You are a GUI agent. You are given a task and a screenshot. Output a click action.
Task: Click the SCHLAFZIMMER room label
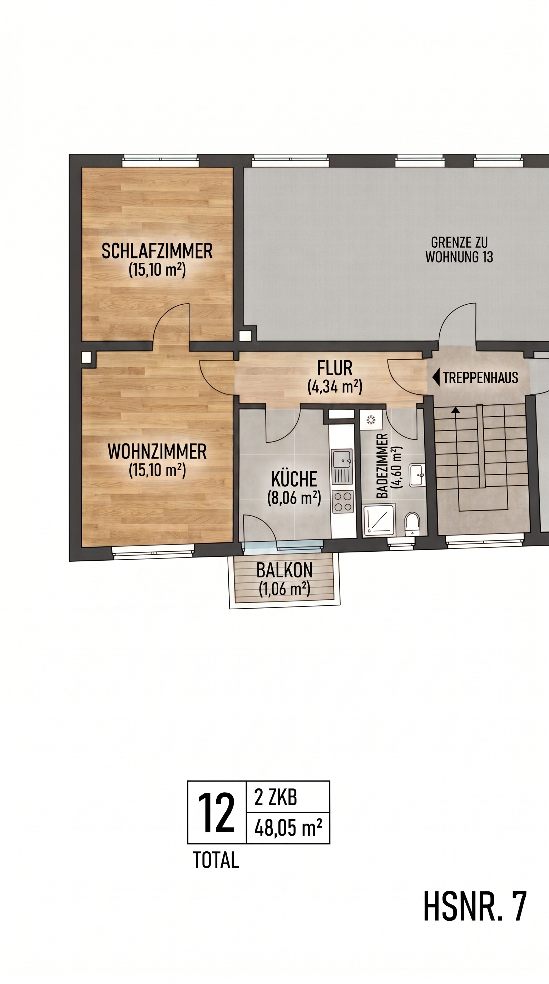coord(157,251)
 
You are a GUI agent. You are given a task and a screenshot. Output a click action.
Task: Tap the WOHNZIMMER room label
coord(157,452)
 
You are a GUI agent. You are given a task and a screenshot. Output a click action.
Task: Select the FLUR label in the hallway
coord(335,368)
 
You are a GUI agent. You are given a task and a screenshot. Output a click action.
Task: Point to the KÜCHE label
coord(294,479)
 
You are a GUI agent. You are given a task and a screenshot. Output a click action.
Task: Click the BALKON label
coord(285,571)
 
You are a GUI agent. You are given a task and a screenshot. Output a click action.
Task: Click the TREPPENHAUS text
coord(480,378)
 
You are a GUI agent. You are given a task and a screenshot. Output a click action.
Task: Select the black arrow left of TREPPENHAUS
coord(436,378)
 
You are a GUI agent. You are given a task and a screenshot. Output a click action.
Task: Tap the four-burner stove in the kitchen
coord(342,502)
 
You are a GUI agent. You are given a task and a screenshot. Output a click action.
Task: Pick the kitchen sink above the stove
coord(342,467)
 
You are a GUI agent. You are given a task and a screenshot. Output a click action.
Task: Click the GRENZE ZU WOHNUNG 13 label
coord(459,250)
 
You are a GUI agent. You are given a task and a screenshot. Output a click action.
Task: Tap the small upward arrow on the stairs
coord(455,410)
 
